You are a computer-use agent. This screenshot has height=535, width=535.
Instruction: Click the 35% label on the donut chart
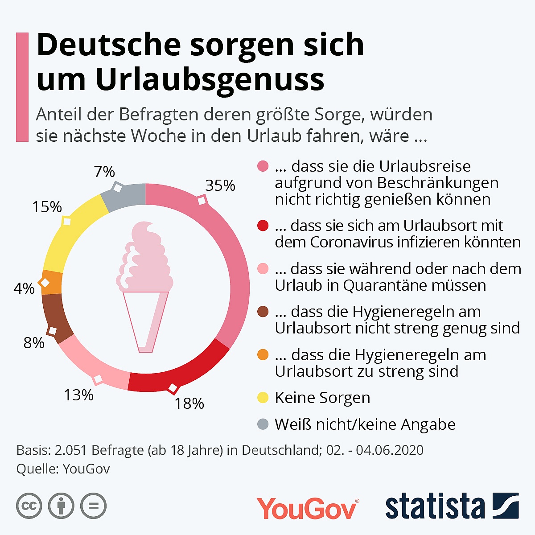pos(220,185)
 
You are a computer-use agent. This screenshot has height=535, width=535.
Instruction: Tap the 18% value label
pos(189,403)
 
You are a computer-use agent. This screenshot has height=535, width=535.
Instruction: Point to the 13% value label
pos(78,395)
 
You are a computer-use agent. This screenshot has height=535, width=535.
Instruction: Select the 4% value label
pos(24,289)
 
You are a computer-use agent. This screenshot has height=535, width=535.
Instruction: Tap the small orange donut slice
pos(52,282)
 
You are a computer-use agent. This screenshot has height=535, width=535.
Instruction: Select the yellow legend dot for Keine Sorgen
pos(263,397)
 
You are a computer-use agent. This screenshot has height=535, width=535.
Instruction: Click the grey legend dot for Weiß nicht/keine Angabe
pos(263,424)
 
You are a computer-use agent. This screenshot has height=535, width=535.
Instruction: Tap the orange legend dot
pos(263,355)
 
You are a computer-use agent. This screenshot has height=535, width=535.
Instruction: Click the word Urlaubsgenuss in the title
pos(210,80)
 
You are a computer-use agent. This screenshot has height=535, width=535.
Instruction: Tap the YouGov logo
pos(307,507)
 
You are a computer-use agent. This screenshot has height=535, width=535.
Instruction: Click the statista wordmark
pos(435,506)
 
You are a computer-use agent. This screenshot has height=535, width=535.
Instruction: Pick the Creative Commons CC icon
pos(29,506)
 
